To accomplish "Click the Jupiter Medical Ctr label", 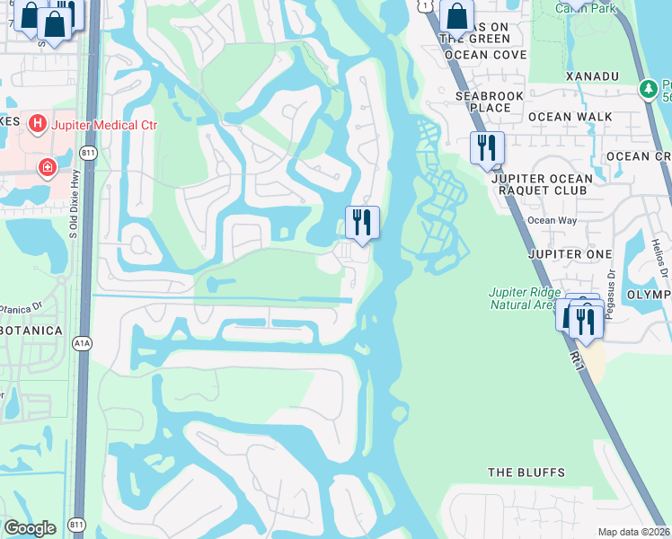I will pyautogui.click(x=104, y=125).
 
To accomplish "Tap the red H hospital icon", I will pyautogui.click(x=38, y=123).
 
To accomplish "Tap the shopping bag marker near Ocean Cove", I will pyautogui.click(x=456, y=17).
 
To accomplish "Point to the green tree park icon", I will pyautogui.click(x=646, y=89).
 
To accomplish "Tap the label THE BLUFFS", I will pyautogui.click(x=526, y=473).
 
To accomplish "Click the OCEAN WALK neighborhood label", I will pyautogui.click(x=570, y=117).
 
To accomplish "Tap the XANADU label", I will pyautogui.click(x=593, y=77).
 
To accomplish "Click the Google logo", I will pyautogui.click(x=31, y=528).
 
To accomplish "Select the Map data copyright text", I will pyautogui.click(x=633, y=532).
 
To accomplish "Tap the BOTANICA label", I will pyautogui.click(x=31, y=331).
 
